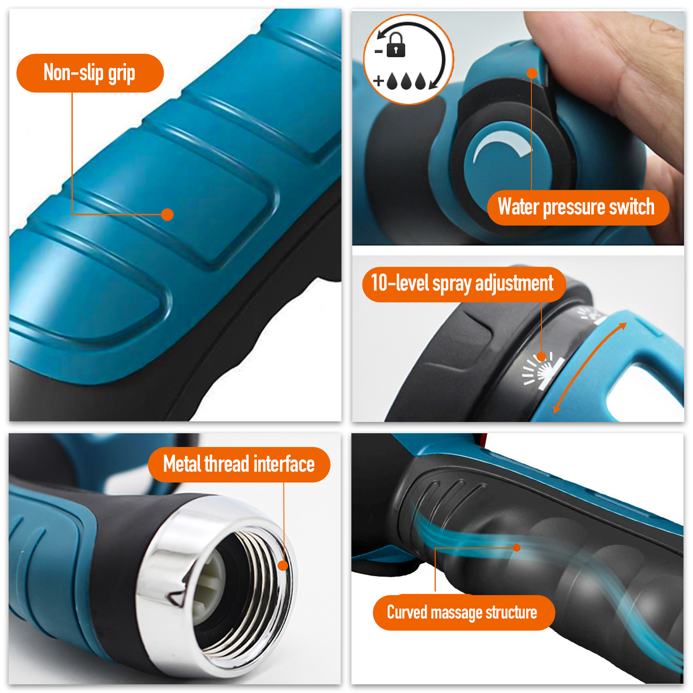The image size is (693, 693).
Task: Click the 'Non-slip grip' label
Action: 90,73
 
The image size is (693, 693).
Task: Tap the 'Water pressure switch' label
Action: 578,207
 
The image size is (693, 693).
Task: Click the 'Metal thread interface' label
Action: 239,464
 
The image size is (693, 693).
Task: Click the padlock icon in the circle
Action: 396,45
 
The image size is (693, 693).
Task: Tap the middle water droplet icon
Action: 406,81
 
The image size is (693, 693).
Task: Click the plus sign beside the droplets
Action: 379,81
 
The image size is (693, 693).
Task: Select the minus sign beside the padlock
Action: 379,52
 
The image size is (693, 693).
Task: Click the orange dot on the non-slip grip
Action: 167,214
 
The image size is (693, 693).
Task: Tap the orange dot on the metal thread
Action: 283,565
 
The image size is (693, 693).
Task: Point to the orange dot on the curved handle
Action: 516,547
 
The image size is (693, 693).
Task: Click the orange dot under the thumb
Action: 532,73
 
